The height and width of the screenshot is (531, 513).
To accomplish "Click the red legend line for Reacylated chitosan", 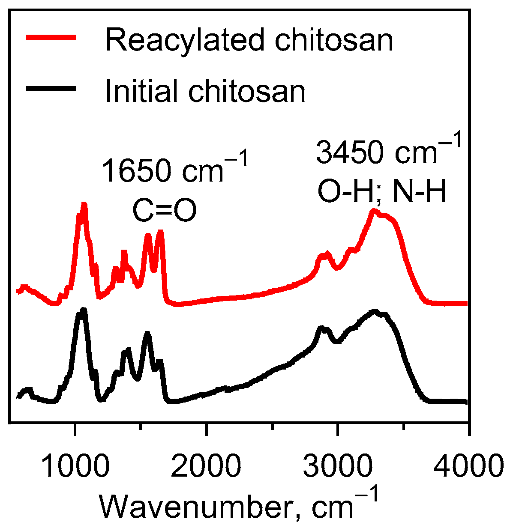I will click(51, 38).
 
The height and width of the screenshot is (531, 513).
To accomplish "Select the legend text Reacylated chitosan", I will click(249, 40).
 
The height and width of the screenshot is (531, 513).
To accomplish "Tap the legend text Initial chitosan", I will click(205, 91).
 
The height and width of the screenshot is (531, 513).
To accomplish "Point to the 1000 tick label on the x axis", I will click(75, 466).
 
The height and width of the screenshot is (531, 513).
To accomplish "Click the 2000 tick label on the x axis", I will click(206, 466).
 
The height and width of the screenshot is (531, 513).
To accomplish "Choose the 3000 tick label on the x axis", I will click(338, 466).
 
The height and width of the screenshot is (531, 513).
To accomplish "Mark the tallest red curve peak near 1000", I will click(84, 205).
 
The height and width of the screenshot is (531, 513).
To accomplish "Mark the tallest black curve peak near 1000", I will click(83, 310).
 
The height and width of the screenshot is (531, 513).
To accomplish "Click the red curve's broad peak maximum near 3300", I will click(374, 211).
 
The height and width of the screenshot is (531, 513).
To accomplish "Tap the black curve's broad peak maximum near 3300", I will click(375, 311).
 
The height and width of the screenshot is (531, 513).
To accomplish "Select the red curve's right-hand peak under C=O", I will click(161, 232).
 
